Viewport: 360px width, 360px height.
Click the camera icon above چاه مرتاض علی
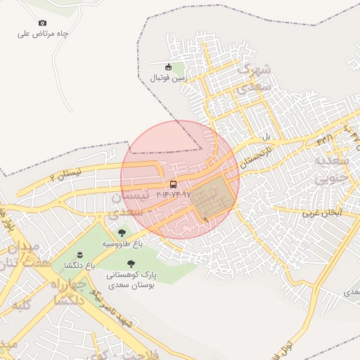coord(42,23)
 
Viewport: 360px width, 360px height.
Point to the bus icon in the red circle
coord(173,184)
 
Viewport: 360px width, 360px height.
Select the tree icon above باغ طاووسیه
coord(122,233)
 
